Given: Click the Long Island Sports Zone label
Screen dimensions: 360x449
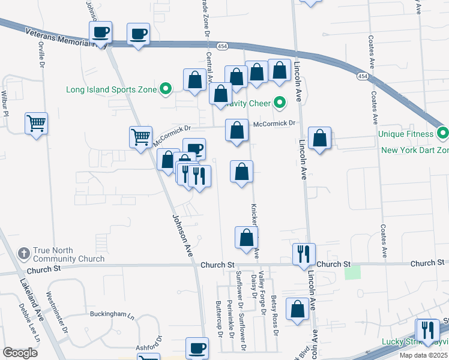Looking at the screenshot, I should click(112, 91).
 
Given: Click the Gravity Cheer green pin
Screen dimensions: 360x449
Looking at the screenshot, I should click(279, 103).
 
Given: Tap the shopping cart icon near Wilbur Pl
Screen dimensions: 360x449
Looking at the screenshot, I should click(36, 124).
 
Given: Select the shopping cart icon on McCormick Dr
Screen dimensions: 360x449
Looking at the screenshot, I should click(140, 136).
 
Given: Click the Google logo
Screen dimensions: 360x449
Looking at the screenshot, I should click(20, 353).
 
